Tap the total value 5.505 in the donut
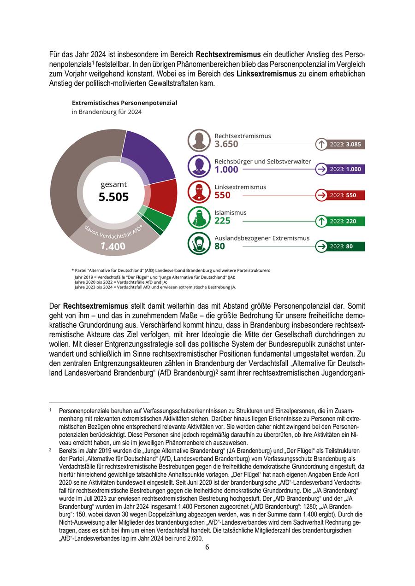tap(113, 197)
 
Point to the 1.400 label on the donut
tap(113, 246)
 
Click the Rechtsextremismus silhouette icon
tap(199, 141)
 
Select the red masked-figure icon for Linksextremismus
tap(199, 192)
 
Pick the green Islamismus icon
tap(199, 217)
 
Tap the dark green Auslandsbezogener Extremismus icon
tap(199, 243)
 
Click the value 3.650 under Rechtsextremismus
tap(226, 144)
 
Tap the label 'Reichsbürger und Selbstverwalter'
tap(262, 162)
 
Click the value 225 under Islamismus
tap(223, 221)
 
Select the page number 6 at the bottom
tap(207, 547)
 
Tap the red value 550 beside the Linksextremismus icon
tap(223, 195)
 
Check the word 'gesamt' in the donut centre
tap(113, 184)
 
